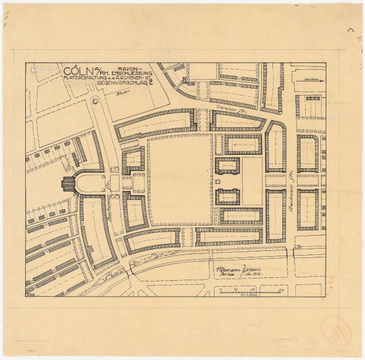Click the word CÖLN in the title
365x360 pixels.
80,72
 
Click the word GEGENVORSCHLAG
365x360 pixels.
121,84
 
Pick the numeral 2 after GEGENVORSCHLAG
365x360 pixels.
151,83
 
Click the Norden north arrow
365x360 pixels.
309,80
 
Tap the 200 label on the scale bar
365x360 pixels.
281,290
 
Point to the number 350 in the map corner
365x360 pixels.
30,293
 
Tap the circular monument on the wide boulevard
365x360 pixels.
95,101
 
